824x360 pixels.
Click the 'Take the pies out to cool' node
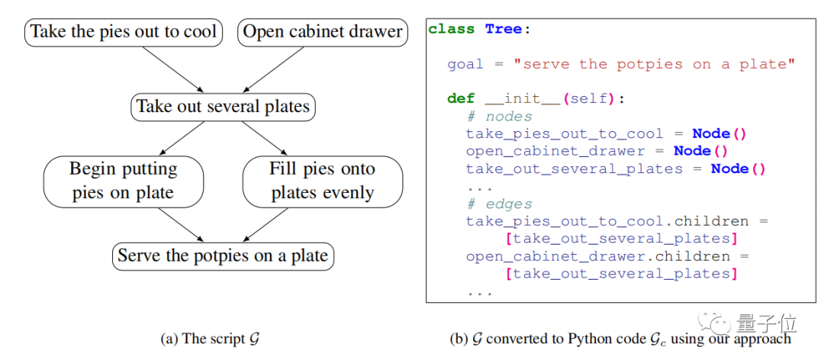(124, 33)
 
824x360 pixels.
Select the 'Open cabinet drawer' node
(322, 33)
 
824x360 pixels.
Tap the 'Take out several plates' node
(223, 106)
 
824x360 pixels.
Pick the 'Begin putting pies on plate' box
(124, 181)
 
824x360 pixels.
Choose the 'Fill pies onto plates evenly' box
(322, 181)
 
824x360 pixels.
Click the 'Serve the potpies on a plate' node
(223, 256)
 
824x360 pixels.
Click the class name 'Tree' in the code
(503, 30)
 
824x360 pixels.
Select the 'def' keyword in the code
(461, 99)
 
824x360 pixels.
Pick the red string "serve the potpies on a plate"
(654, 65)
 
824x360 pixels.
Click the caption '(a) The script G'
(210, 339)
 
